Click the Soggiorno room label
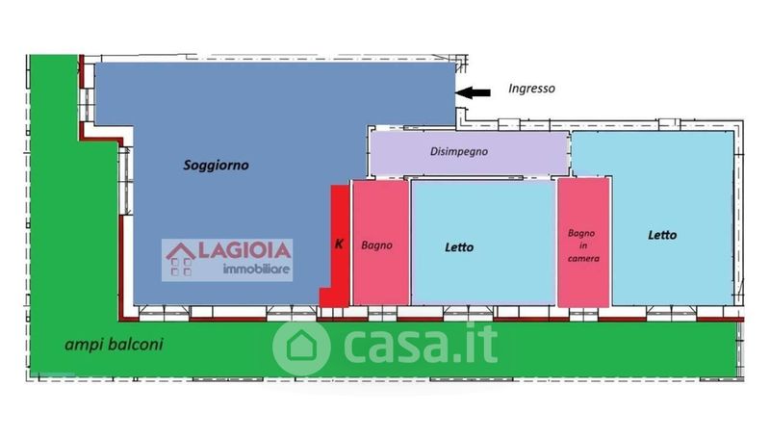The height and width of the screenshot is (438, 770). [216, 166]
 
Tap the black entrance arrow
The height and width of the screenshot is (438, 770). [473, 92]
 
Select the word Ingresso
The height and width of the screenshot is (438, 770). [532, 89]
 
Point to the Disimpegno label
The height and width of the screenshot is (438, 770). [459, 152]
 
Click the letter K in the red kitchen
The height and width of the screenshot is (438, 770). [339, 244]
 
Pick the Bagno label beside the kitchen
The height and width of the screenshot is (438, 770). [376, 245]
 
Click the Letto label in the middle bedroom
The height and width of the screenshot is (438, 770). [459, 247]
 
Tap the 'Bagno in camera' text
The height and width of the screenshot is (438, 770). [583, 245]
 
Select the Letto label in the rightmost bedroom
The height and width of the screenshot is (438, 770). [662, 235]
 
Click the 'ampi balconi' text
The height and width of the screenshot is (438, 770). [114, 345]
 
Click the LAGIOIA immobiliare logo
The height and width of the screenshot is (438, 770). [227, 260]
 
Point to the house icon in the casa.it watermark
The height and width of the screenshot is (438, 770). [301, 347]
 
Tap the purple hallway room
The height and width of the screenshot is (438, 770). [469, 153]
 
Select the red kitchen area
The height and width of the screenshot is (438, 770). [339, 245]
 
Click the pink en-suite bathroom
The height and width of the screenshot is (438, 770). [583, 243]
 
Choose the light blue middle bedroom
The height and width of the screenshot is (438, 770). [483, 243]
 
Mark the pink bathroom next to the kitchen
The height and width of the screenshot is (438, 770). [380, 243]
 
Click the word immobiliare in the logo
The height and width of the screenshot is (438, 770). [256, 270]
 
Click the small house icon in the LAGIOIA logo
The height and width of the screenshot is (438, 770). [181, 259]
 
